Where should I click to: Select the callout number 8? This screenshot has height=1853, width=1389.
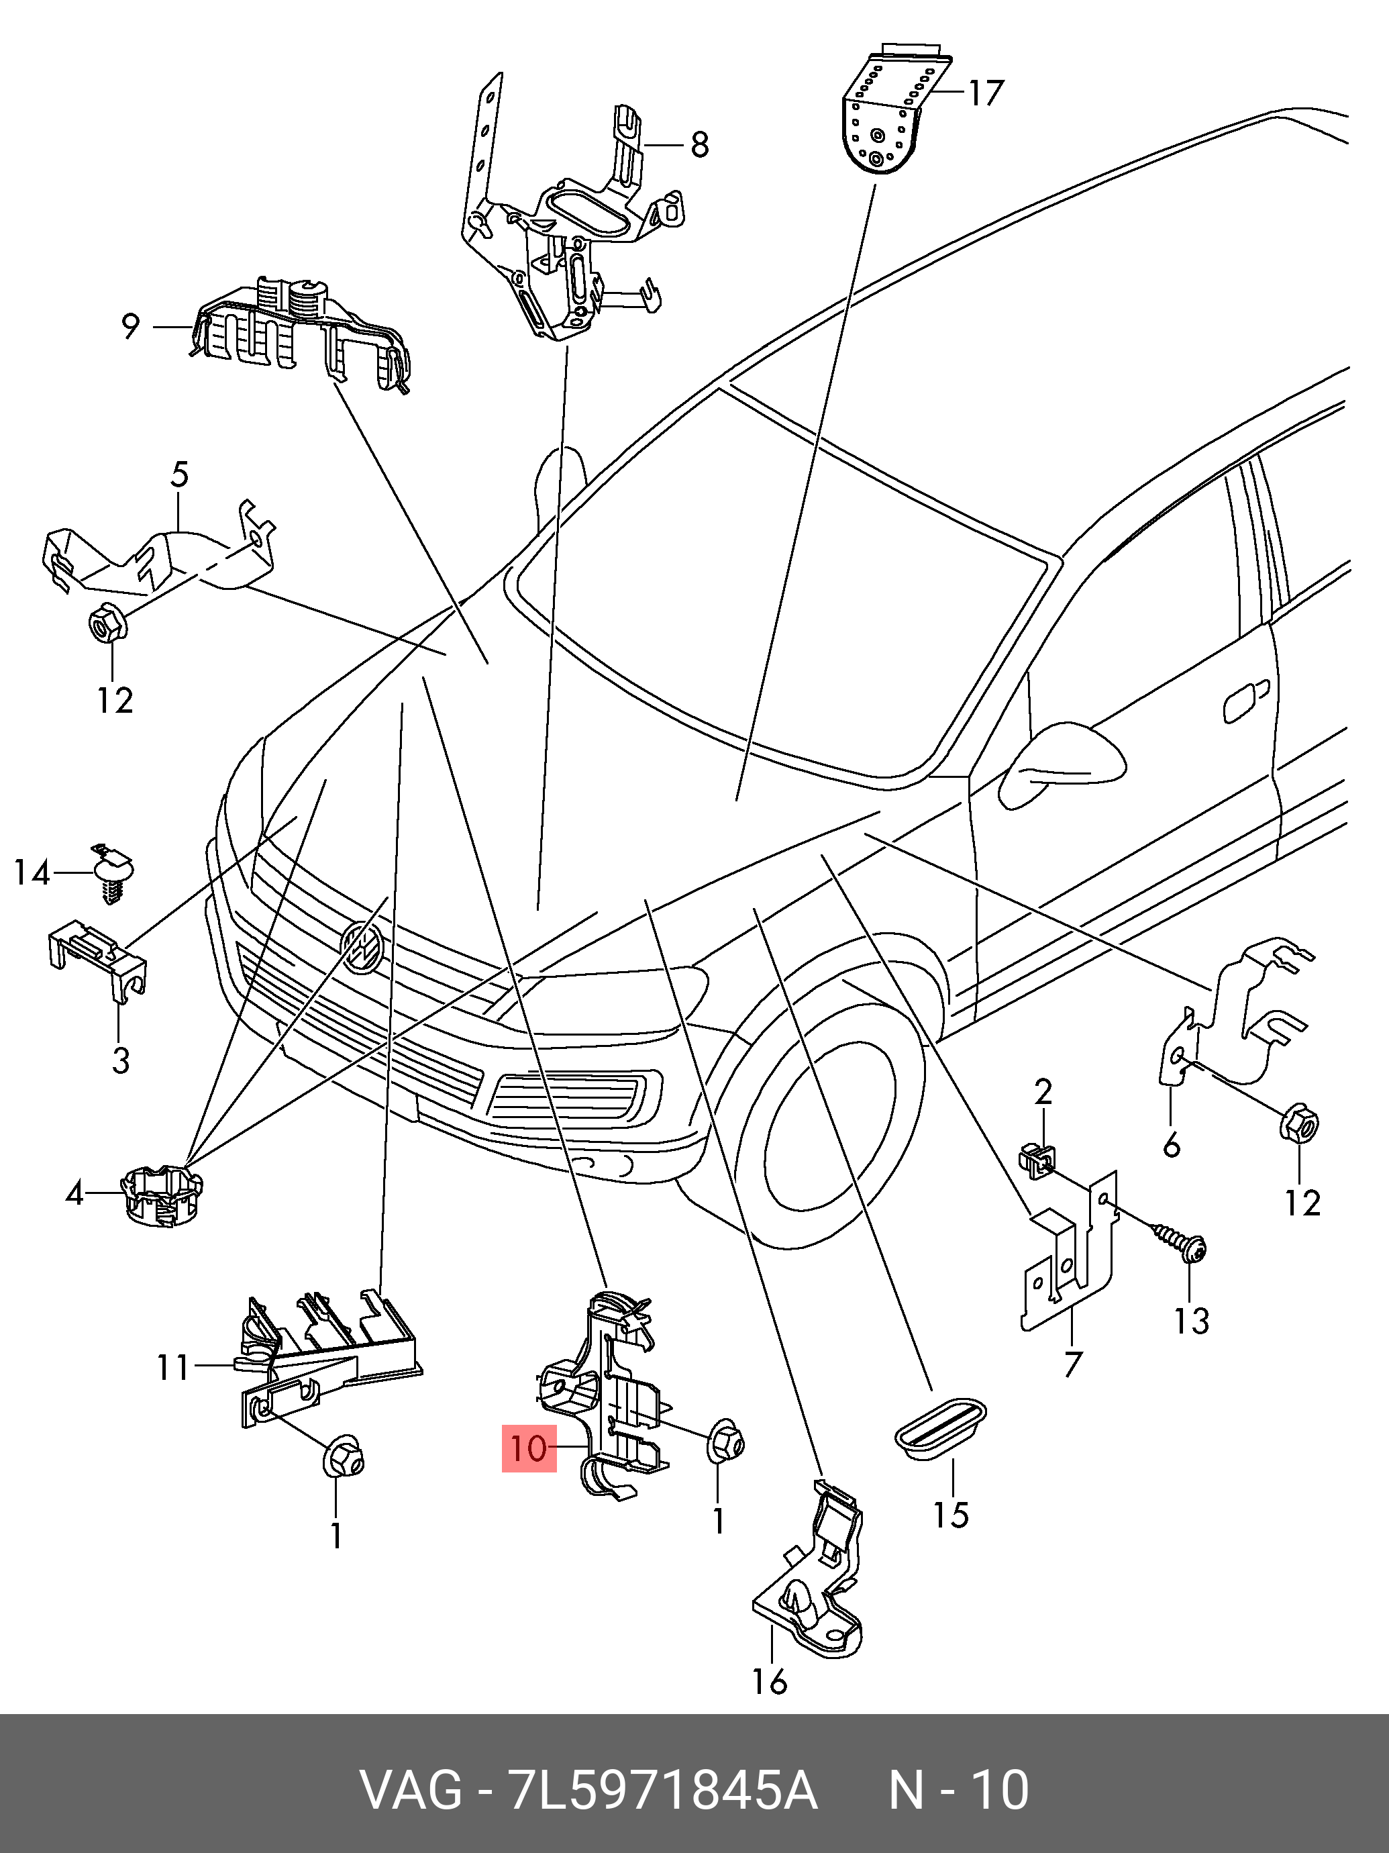699,145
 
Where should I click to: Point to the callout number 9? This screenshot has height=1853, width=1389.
130,326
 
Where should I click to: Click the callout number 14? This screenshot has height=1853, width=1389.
32,873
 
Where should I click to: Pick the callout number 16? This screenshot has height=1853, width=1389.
769,1681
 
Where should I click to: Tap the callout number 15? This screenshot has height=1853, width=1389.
951,1515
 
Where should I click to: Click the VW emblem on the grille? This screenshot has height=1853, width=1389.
362,948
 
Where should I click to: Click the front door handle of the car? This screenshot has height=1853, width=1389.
1246,702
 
